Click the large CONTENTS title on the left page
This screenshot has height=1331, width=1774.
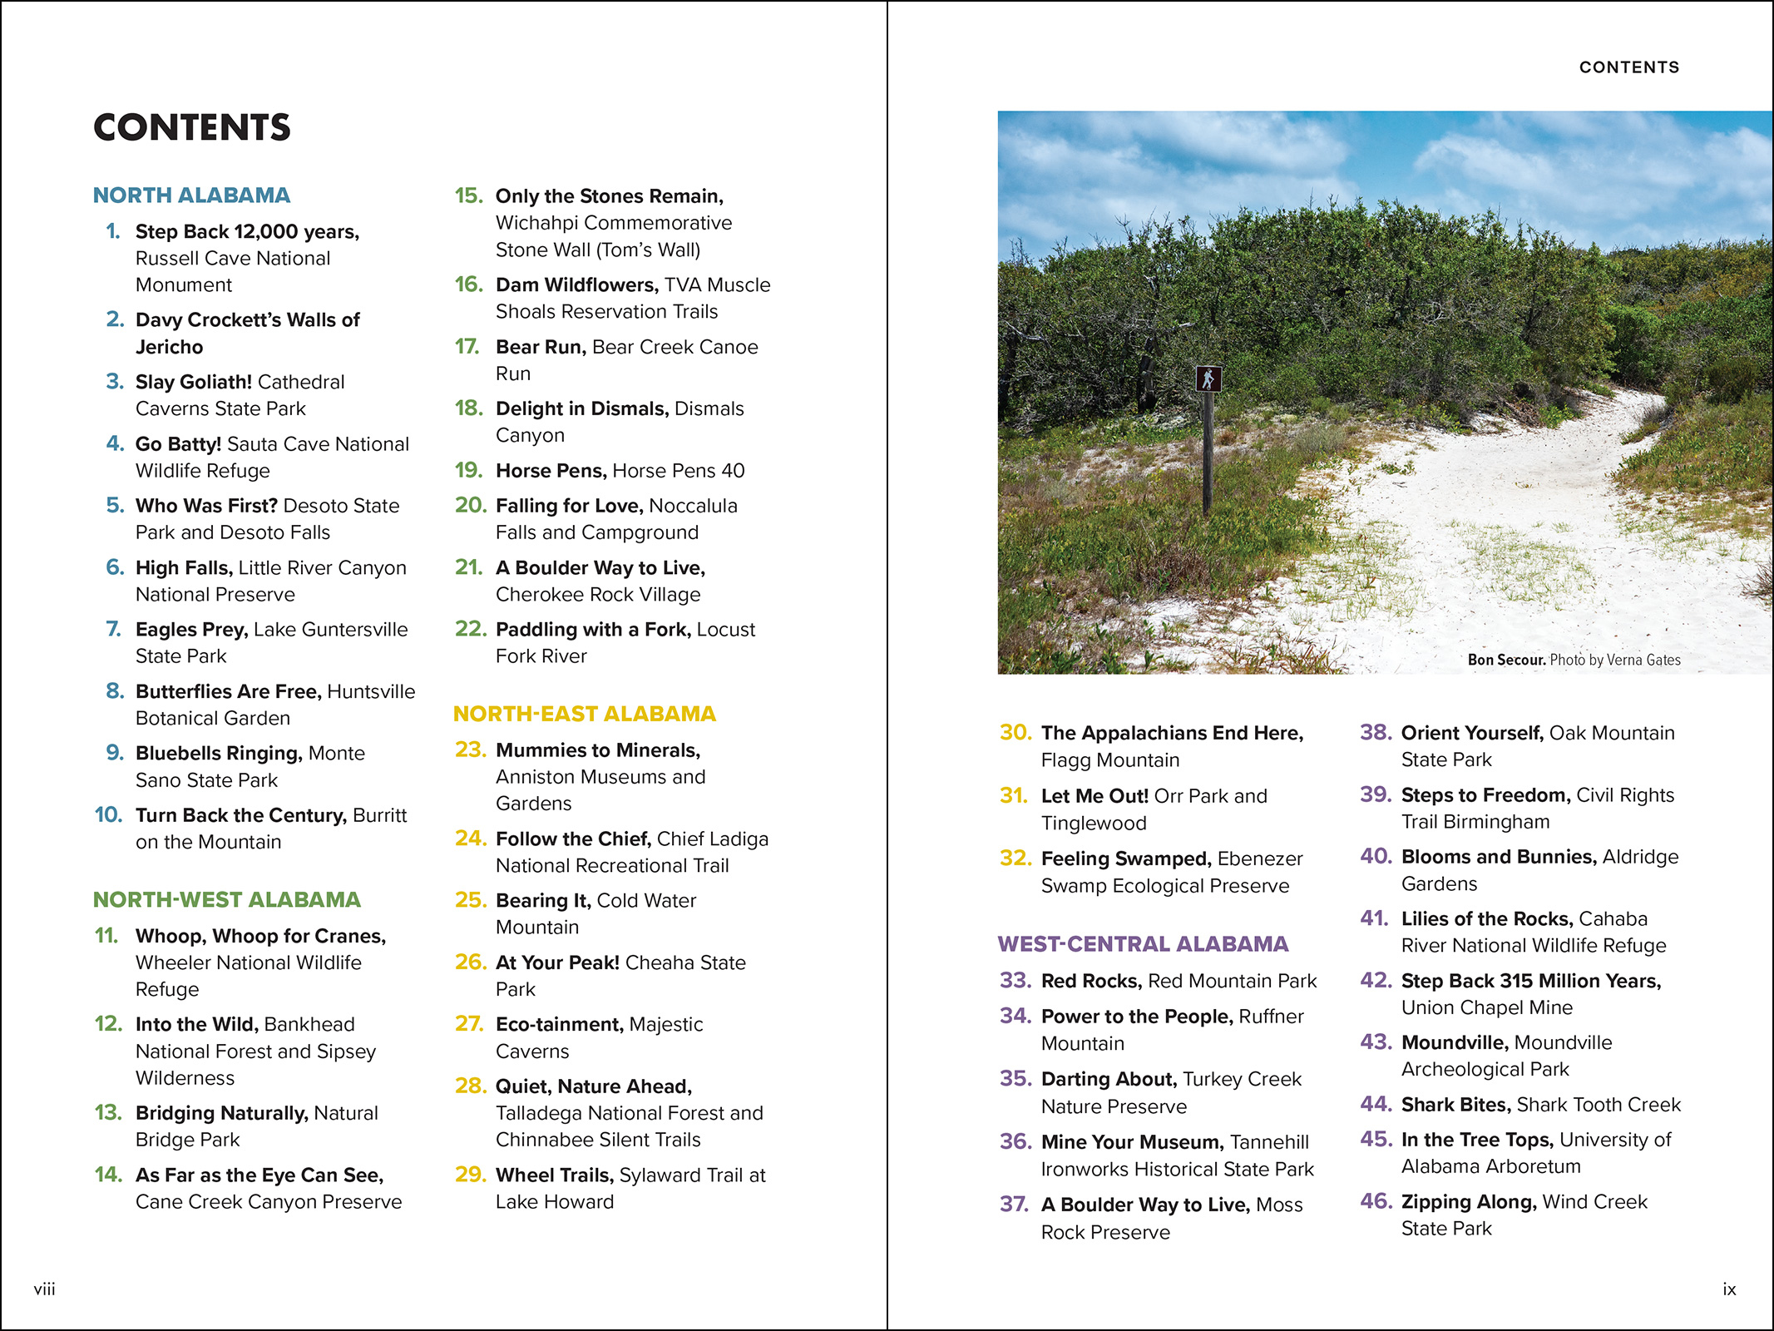192,127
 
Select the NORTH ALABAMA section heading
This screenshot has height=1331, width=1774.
191,195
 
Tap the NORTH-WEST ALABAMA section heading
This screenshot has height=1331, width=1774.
226,899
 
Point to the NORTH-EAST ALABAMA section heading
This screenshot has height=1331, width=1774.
584,714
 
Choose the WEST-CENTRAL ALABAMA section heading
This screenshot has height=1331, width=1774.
1143,943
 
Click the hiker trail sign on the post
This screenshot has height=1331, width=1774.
1208,379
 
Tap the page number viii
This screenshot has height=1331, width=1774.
44,1289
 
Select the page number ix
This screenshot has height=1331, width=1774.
1729,1289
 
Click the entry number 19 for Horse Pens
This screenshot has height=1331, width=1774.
468,470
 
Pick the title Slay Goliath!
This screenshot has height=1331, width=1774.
193,382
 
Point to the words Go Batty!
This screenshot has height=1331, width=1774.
178,444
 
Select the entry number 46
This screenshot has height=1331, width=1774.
1376,1201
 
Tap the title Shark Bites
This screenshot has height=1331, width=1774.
1455,1105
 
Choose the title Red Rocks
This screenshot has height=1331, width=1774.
1091,981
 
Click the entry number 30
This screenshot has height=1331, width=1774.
1015,732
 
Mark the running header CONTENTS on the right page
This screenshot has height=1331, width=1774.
1628,67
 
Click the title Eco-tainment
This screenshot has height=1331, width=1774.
559,1024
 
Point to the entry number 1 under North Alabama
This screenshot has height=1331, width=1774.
113,231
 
